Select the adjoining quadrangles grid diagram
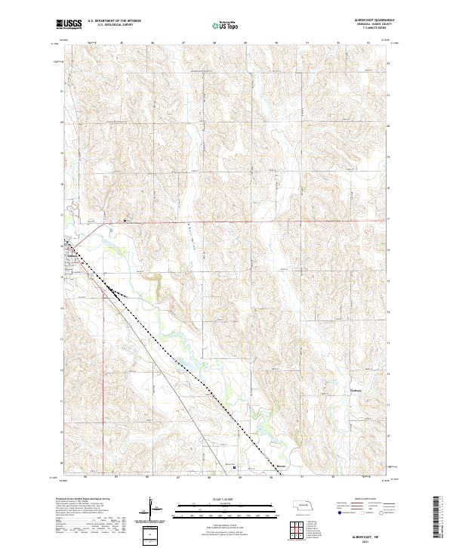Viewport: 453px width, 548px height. tap(291, 529)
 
